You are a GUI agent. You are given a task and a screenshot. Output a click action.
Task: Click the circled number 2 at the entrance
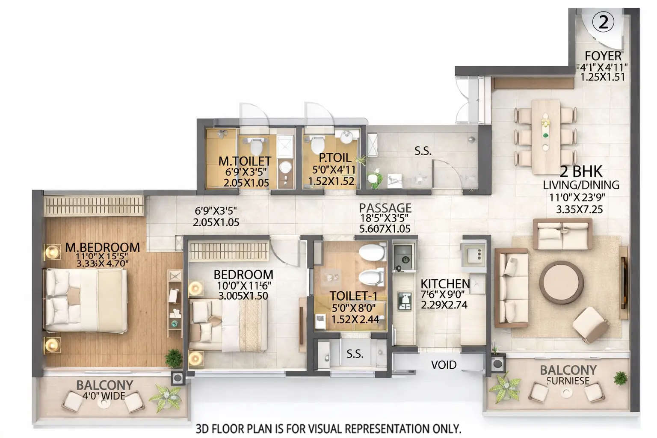(x=603, y=22)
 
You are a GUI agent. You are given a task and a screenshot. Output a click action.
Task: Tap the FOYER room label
(x=603, y=56)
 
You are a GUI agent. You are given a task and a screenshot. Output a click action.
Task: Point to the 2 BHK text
(x=581, y=172)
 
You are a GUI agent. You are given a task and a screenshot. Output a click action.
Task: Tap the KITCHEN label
(x=445, y=284)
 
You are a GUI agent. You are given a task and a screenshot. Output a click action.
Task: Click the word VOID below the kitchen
(x=444, y=365)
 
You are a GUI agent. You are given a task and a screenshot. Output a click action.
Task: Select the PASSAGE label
(x=385, y=208)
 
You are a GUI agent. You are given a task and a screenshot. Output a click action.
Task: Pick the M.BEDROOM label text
(x=103, y=247)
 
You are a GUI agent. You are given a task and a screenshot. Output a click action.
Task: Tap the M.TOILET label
(x=245, y=161)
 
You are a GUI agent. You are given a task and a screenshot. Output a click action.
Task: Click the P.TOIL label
(x=334, y=158)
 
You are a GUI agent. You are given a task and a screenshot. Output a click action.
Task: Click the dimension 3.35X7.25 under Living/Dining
(x=579, y=210)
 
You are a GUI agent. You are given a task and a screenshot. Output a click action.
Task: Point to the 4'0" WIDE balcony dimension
(x=104, y=396)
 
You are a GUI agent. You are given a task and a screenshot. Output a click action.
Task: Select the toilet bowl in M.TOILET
(x=256, y=146)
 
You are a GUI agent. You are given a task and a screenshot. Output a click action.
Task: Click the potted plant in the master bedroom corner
(x=174, y=358)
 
